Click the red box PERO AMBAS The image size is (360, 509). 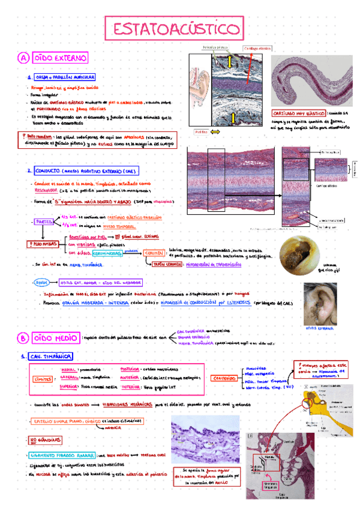(41, 245)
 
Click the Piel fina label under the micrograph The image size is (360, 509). (202, 131)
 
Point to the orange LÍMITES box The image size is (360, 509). (43, 378)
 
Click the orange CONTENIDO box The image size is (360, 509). (224, 379)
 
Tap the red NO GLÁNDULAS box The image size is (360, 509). (45, 442)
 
